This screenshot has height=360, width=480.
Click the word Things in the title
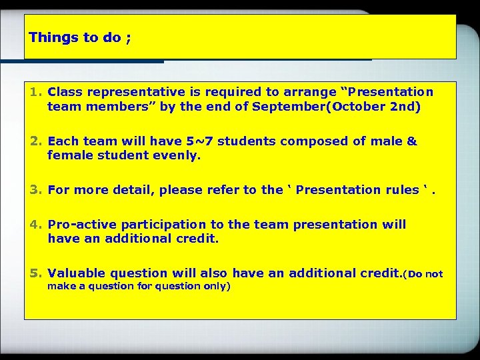[x=54, y=37]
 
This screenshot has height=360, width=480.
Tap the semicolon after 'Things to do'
[x=127, y=38]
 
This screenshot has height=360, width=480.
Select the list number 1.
[x=35, y=91]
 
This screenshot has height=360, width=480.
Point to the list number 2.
[x=35, y=141]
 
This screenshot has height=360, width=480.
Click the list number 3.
[x=35, y=190]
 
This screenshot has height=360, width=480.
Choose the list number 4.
[x=35, y=225]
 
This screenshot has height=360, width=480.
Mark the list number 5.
[x=35, y=273]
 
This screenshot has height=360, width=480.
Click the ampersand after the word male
[x=411, y=141]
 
